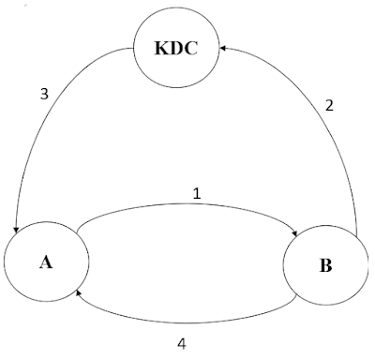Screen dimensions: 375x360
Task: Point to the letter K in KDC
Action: (162, 49)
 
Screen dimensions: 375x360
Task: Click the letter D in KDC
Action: (177, 49)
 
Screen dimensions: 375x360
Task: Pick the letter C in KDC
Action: (190, 49)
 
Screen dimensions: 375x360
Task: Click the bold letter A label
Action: (46, 262)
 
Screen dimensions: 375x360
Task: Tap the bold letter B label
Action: (325, 265)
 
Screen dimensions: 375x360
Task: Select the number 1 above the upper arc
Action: (197, 194)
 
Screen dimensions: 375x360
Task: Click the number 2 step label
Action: (329, 106)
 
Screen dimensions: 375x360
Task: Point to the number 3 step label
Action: (44, 94)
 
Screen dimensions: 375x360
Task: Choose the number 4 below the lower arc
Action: (182, 344)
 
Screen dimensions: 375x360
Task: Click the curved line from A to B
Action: (187, 204)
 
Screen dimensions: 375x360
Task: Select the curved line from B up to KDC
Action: (325, 103)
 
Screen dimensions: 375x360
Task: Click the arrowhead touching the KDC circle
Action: (223, 48)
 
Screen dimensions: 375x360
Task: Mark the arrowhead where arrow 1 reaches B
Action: (294, 233)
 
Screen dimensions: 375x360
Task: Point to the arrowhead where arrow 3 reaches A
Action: (16, 230)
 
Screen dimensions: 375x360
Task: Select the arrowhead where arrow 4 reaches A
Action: (79, 292)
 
